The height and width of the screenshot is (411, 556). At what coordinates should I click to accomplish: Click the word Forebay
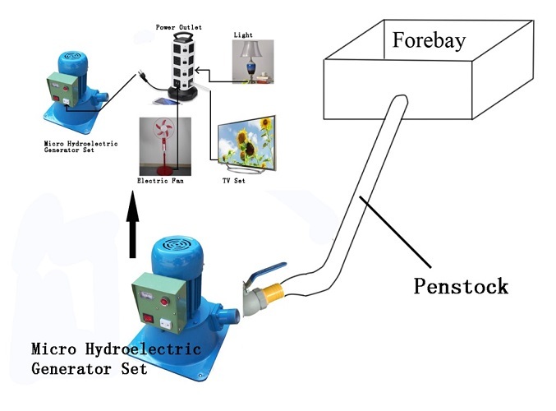click(428, 40)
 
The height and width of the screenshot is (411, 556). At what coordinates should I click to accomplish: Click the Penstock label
click(461, 286)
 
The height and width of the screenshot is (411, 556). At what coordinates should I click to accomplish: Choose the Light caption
click(243, 35)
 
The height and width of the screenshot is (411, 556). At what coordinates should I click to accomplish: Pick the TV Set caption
click(233, 180)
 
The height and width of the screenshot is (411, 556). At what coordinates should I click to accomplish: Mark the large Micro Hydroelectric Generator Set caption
click(90, 359)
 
